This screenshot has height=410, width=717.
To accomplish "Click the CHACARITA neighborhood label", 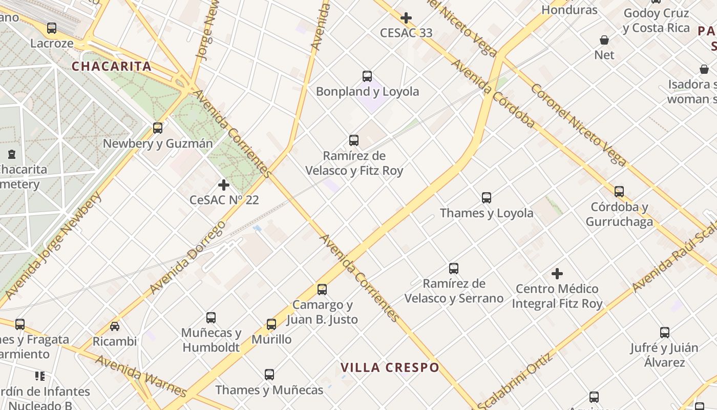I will (111, 66).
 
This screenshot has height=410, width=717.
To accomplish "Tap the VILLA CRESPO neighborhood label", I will (390, 367).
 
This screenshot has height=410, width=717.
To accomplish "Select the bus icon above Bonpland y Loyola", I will (367, 76).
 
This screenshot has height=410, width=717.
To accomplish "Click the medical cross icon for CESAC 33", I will (406, 18).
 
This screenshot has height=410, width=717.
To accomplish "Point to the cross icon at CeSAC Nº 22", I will (224, 185).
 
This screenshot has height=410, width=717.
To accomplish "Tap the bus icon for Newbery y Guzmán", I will (158, 128).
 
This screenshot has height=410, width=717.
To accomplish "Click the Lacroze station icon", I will (52, 28).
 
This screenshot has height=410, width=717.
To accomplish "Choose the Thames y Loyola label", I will (487, 213).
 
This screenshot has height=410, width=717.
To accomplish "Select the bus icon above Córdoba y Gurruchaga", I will (619, 192).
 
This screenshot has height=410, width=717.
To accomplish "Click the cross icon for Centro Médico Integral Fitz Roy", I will (557, 274).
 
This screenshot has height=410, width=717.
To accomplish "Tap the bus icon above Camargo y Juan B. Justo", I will (322, 290).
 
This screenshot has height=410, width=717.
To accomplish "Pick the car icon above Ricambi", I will (115, 326).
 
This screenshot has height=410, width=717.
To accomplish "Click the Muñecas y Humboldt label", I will (211, 340).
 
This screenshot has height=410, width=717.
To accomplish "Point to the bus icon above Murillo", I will (271, 324).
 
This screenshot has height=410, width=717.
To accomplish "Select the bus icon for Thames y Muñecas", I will (269, 375).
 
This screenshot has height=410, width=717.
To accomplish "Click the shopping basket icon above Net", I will (604, 40).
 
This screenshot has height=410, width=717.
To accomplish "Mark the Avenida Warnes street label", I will (140, 376).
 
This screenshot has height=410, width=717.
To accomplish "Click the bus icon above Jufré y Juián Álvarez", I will (665, 333).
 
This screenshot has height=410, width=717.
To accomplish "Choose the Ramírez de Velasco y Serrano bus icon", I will (454, 268).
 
